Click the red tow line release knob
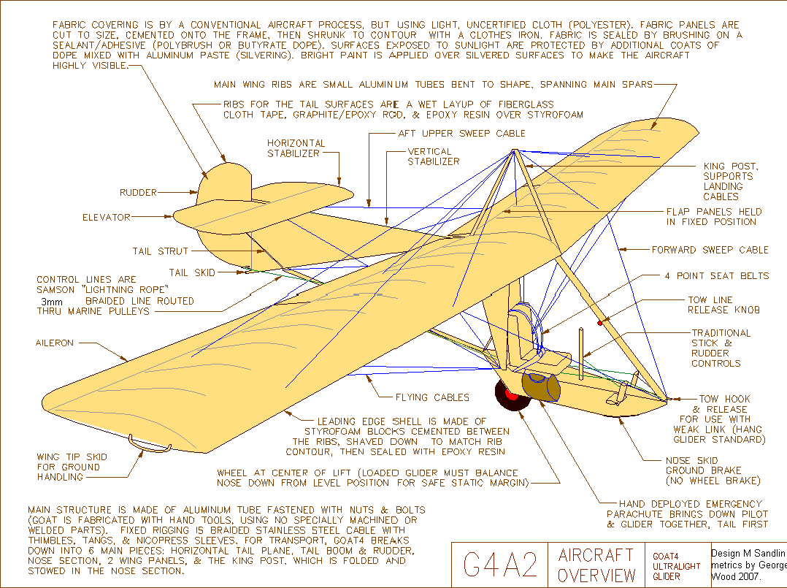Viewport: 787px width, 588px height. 600,323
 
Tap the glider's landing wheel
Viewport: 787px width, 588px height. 512,394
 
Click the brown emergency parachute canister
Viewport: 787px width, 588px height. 540,386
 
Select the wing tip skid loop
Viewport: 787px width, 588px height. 149,443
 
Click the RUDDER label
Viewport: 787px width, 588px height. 138,192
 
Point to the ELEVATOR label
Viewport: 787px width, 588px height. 107,218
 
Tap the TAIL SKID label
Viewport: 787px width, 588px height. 192,272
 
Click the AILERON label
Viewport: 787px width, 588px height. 55,343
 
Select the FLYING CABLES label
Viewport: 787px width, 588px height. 432,397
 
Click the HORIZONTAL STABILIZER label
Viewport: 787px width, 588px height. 296,148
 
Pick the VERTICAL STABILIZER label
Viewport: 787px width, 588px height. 434,156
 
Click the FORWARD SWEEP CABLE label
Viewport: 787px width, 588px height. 710,250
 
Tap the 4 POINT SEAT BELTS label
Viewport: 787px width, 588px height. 717,275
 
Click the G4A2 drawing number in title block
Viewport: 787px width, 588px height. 500,565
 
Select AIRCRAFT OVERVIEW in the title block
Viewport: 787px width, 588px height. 596,565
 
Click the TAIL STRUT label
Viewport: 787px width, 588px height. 160,251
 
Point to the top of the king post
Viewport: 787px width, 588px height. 515,150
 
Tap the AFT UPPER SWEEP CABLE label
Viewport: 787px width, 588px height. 461,133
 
